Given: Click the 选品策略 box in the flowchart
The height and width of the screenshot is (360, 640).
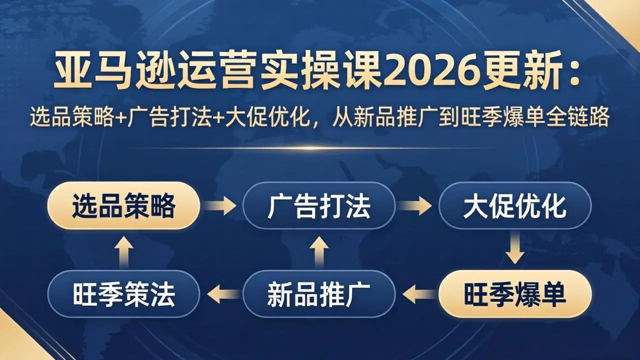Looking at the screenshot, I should [123, 205].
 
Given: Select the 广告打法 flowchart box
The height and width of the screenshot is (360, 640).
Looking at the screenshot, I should [319, 205].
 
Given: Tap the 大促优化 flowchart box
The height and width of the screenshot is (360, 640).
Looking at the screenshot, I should [515, 205].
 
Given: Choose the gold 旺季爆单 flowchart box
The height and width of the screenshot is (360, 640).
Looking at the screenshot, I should [515, 294].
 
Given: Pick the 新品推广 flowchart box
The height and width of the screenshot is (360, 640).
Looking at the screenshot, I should [319, 294].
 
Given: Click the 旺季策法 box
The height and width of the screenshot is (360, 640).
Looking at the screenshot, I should [123, 294].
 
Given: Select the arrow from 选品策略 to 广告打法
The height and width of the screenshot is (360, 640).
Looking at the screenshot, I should [221, 205].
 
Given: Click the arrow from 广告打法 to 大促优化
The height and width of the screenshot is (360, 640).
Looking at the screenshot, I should [417, 205].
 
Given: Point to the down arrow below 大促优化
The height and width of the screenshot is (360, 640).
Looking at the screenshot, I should [515, 249].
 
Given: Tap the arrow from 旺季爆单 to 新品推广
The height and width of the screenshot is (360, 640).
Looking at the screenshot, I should [417, 294].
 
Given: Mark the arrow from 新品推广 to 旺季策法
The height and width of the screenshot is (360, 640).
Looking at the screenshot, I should [221, 294].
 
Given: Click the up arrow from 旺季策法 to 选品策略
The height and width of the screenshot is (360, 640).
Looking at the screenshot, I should [123, 249].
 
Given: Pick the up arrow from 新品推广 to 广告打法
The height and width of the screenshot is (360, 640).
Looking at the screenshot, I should [319, 249].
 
